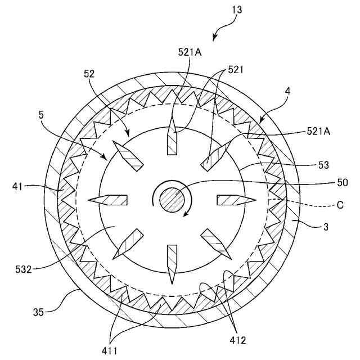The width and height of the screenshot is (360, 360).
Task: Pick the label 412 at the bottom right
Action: pos(237,340)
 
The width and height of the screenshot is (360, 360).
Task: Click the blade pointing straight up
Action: pos(172,138)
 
